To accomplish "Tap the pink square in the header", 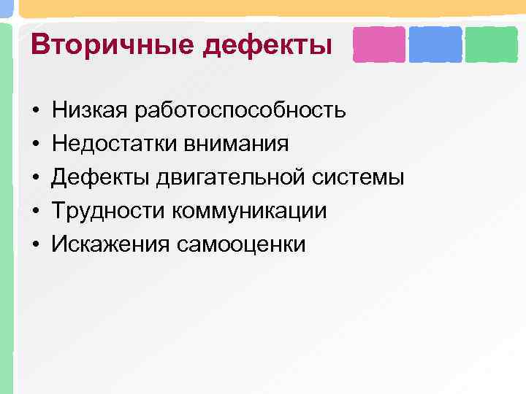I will pyautogui.click(x=378, y=45).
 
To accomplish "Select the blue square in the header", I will pyautogui.click(x=435, y=45).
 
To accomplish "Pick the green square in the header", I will pyautogui.click(x=491, y=45).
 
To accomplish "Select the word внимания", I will pyautogui.click(x=238, y=144).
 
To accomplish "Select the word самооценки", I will pyautogui.click(x=240, y=244).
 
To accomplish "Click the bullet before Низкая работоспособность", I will pyautogui.click(x=35, y=112).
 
